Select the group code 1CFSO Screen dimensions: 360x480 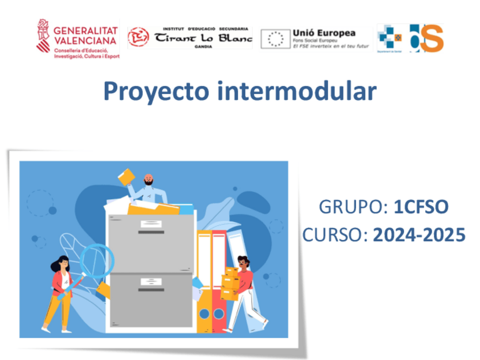[x=421, y=208]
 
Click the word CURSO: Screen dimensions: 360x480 [x=335, y=234]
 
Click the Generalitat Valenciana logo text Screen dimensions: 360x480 [x=87, y=35]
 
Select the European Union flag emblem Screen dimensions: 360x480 [x=276, y=38]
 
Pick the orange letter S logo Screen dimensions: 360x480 [x=432, y=38]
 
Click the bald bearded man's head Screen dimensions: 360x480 [x=148, y=181]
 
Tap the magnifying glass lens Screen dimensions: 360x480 [x=96, y=260]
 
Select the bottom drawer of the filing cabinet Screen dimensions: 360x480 [x=151, y=299]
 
